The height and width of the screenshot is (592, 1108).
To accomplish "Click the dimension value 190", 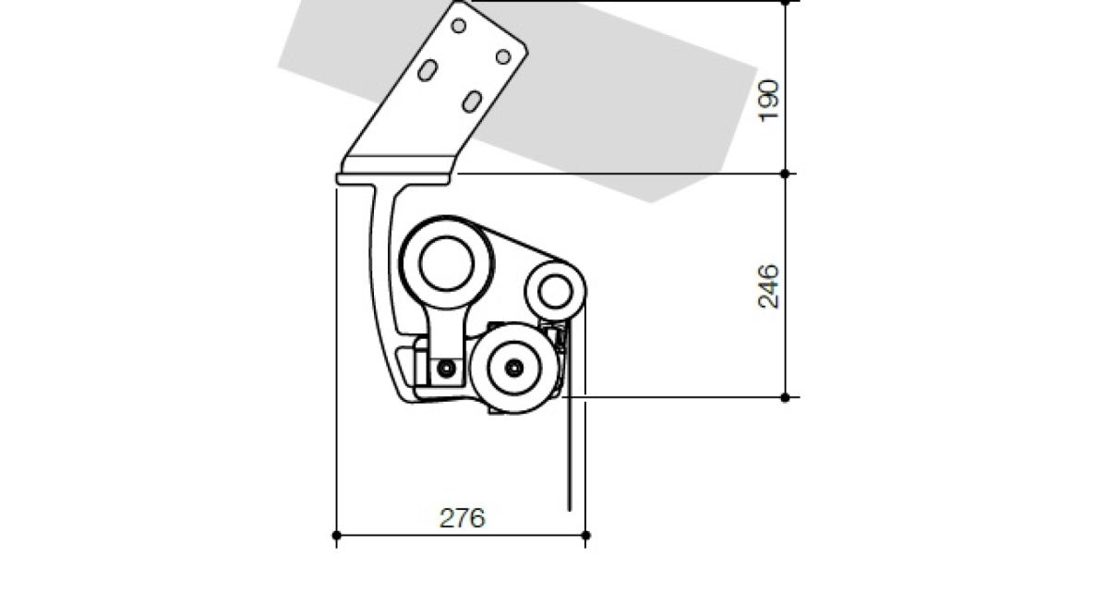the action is pyautogui.click(x=768, y=101).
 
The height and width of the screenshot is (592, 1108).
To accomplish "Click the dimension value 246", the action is pyautogui.click(x=768, y=287).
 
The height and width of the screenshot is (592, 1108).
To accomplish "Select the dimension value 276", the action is pyautogui.click(x=463, y=518).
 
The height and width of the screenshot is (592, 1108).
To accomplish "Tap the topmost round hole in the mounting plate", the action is pyautogui.click(x=459, y=26).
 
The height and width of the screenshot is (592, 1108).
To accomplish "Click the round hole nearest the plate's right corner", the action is pyautogui.click(x=503, y=57).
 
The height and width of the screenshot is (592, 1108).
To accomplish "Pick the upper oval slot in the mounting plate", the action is pyautogui.click(x=428, y=70).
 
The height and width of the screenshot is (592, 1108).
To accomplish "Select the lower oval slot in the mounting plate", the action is pyautogui.click(x=472, y=102).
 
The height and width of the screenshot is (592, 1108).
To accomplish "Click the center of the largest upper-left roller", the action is pyautogui.click(x=446, y=262).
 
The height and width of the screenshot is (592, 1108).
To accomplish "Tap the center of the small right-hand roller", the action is pyautogui.click(x=555, y=292).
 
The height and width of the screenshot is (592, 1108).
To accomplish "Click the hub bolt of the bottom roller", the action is pyautogui.click(x=514, y=368).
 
